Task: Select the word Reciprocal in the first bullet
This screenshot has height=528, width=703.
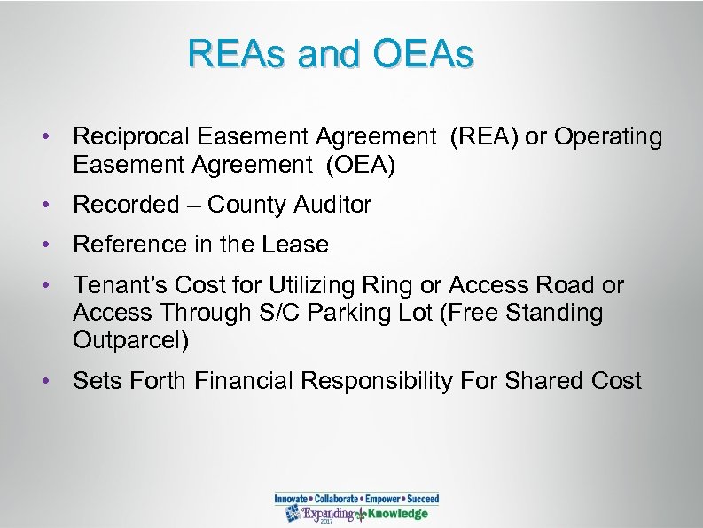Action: tap(132, 137)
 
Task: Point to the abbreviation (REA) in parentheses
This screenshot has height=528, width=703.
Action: tap(483, 137)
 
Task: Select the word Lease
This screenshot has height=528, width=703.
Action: tap(298, 245)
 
